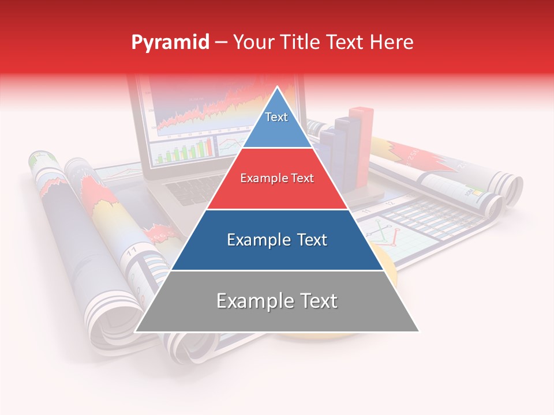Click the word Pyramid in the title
(170, 43)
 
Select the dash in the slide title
(221, 43)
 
